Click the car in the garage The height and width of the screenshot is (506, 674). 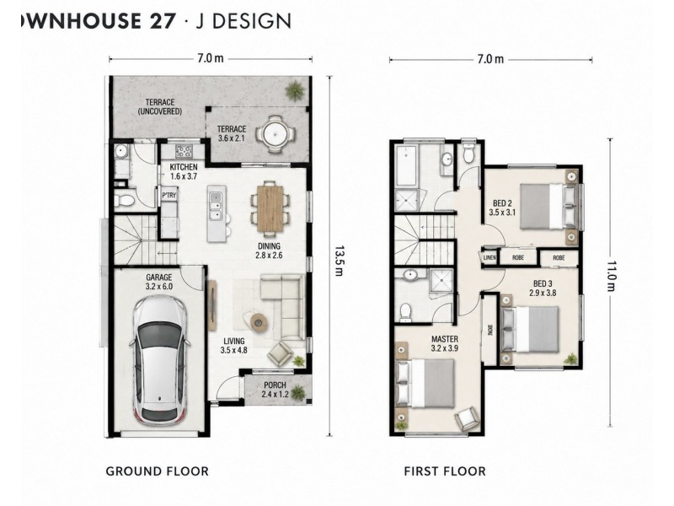click(159, 361)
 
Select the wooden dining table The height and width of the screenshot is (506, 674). click(270, 208)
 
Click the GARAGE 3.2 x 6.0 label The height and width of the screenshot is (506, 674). click(158, 282)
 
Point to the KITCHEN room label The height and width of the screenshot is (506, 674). click(184, 167)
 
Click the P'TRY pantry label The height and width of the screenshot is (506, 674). click(169, 196)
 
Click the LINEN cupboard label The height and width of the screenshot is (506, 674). click(489, 258)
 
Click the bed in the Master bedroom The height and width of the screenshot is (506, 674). click(426, 383)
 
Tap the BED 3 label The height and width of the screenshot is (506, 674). click(543, 284)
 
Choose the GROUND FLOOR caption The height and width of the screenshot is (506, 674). click(158, 471)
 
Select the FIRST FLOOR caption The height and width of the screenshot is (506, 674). click(445, 471)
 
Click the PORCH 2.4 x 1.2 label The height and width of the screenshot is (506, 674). click(275, 390)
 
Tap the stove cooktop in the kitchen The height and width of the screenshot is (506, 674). click(184, 152)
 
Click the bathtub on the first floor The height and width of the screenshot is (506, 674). click(406, 165)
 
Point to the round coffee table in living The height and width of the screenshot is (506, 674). click(259, 321)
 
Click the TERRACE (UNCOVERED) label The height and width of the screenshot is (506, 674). click(160, 107)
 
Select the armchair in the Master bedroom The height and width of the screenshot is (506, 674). click(467, 417)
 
